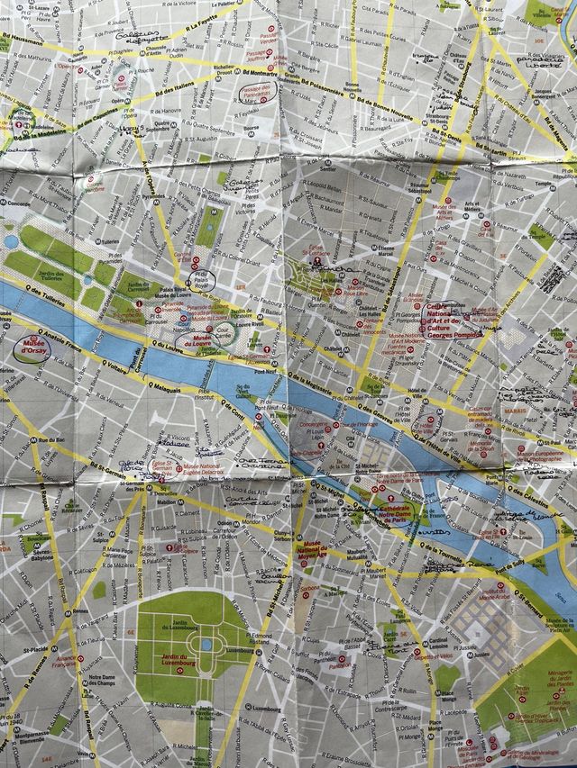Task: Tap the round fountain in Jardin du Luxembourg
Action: point(206,645)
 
